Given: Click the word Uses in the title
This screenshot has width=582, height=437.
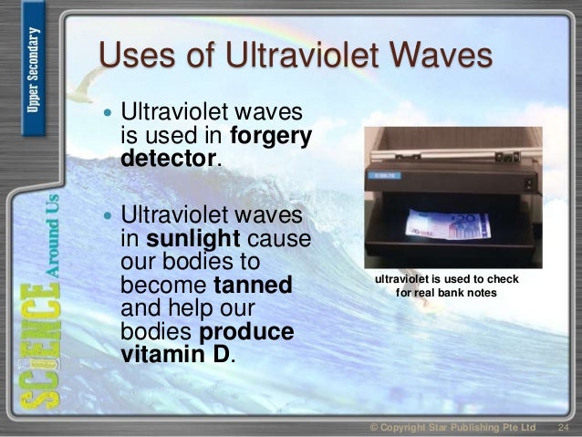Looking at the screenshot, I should [x=137, y=57].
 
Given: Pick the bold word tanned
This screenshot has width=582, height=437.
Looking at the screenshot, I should [x=253, y=286].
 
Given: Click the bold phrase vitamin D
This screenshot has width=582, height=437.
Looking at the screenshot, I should [x=177, y=353].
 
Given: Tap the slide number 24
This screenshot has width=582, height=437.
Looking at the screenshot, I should [x=563, y=427].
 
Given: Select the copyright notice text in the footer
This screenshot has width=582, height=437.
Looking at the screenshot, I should [x=452, y=427].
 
